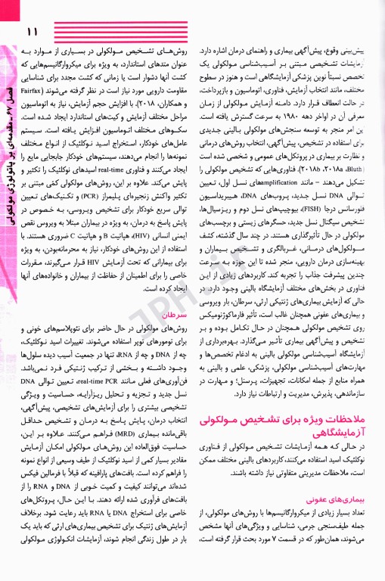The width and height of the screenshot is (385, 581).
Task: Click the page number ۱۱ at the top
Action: pos(32,32)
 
